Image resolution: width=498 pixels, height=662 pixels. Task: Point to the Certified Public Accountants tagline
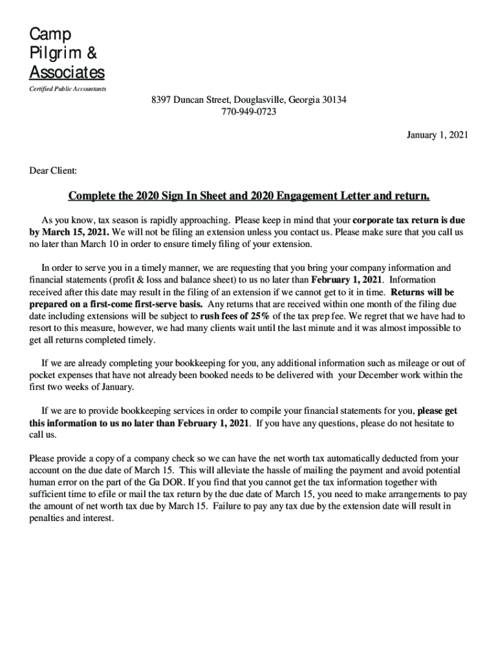[x=68, y=89]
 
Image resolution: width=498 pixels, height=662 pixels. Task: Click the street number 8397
[x=160, y=100]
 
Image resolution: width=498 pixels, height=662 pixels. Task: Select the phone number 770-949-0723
[x=249, y=112]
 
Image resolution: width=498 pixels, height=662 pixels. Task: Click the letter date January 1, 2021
[x=437, y=135]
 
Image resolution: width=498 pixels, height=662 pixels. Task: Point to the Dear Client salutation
[x=53, y=171]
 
